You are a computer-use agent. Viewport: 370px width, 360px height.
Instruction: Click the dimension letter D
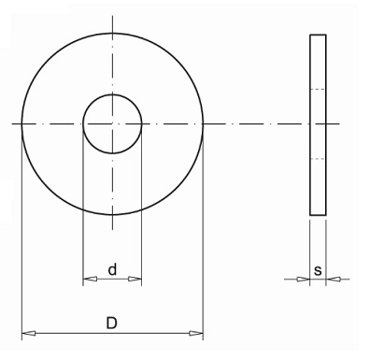coord(112,323)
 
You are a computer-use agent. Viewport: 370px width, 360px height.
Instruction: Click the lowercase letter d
coord(112,269)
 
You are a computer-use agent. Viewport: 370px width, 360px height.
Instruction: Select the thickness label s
coord(318,270)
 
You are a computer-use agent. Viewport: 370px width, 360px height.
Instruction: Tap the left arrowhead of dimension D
coord(28,334)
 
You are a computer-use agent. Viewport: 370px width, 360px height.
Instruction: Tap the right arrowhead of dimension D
coord(196,334)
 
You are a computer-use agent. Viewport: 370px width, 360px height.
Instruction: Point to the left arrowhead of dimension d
coord(90,279)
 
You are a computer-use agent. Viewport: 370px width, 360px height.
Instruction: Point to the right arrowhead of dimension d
coord(135,279)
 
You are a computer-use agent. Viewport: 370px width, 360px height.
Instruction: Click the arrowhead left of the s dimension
coord(303,280)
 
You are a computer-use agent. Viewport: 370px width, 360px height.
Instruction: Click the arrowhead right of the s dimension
coord(333,280)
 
